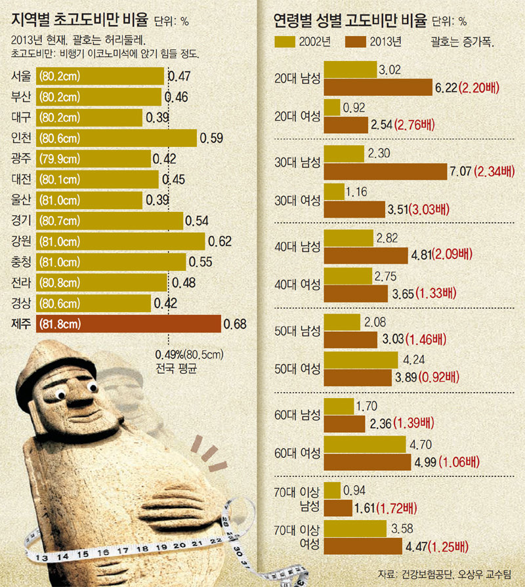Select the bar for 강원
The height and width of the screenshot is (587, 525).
click(121, 241)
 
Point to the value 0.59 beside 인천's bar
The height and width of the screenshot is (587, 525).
click(211, 138)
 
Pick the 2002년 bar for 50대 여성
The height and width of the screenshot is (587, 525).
click(362, 360)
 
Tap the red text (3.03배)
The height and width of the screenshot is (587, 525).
click(430, 210)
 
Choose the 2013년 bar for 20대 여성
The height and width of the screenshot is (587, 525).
click(346, 124)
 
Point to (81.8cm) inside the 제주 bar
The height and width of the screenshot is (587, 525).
click(60, 324)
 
